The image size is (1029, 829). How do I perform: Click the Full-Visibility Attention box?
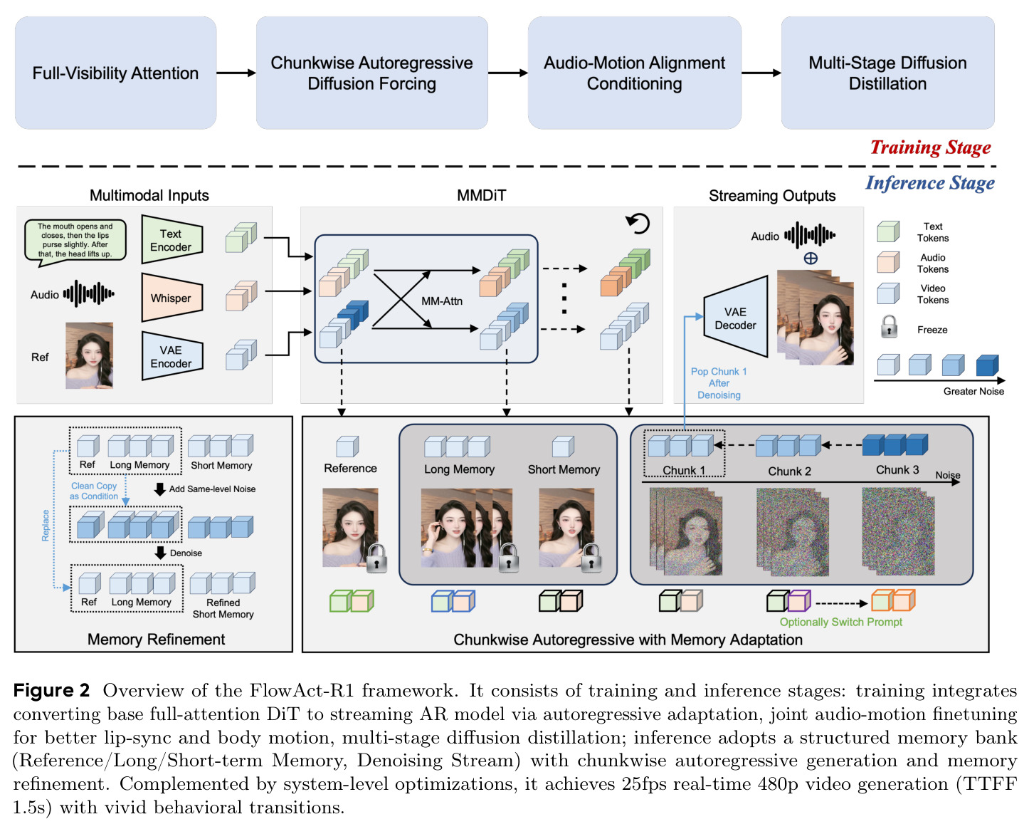point(115,73)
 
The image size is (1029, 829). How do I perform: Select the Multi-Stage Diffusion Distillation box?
point(887,73)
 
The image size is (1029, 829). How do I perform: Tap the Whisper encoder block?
point(172,297)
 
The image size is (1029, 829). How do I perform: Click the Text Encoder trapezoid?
point(172,239)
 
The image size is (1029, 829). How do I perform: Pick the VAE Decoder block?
point(735,316)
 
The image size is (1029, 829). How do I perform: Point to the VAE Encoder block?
point(172,356)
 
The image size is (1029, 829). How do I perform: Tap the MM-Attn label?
point(442,301)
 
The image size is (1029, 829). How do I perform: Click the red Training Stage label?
point(930,147)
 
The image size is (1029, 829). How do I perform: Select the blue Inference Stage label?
point(930,183)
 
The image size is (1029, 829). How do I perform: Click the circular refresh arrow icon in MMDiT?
point(638,223)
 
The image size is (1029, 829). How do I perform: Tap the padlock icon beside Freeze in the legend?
point(889,327)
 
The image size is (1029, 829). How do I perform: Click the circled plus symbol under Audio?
point(811,259)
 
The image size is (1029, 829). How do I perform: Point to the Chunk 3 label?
point(897,469)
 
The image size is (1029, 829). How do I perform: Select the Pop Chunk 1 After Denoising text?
point(719,383)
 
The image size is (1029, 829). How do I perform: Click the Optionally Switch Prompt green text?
point(840,622)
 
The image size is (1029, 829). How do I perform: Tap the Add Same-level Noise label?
point(212,489)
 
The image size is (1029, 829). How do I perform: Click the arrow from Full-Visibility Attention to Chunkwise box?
point(236,73)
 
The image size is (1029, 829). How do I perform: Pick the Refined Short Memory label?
point(223,608)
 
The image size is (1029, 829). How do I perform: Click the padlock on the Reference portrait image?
point(376,558)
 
